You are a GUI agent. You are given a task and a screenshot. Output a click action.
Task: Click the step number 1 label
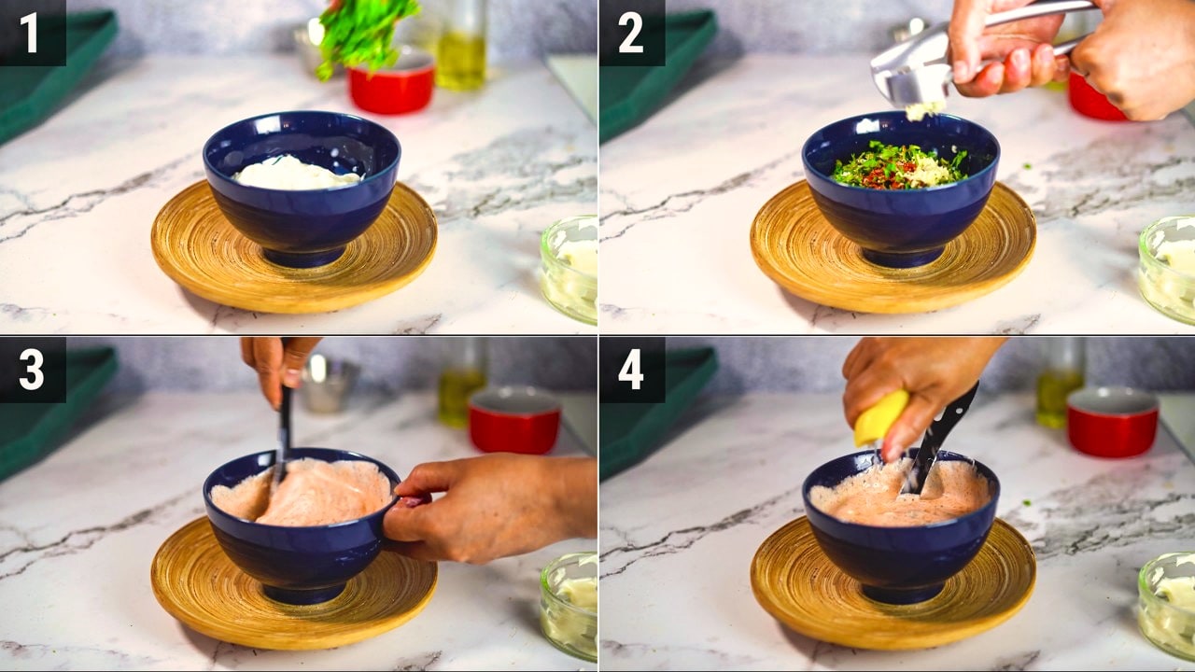click(29, 34)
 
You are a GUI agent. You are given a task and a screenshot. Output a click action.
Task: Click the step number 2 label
click(630, 34)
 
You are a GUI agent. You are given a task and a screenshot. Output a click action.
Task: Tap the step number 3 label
click(32, 371)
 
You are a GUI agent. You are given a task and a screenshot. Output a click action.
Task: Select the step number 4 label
click(631, 371)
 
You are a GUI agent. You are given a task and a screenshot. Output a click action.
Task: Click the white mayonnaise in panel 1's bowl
click(297, 173)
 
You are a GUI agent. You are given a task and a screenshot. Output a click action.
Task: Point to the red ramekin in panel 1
click(391, 83)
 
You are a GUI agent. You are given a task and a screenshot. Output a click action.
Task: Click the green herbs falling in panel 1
click(363, 33)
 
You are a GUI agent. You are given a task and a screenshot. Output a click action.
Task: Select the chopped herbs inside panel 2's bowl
click(901, 166)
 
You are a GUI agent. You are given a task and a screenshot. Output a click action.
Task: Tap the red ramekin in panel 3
click(513, 420)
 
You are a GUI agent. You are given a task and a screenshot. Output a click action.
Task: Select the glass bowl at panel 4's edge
click(1167, 606)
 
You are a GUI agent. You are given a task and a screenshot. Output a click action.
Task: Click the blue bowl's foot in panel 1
click(302, 257)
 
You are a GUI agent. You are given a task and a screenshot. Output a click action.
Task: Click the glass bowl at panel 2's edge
click(1167, 269)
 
